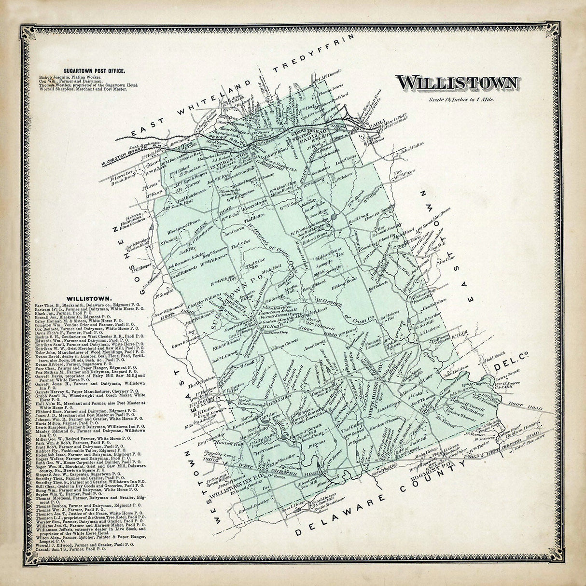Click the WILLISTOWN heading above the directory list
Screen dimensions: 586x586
click(90, 299)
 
